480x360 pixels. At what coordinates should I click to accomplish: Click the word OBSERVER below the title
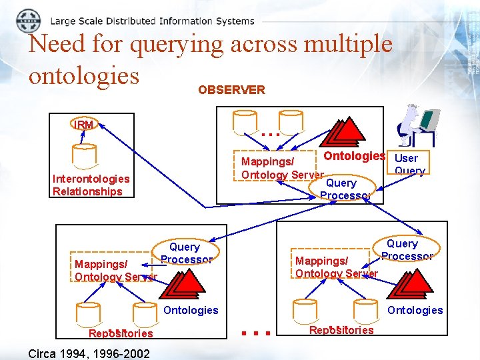click(x=231, y=90)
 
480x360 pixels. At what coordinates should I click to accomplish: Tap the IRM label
click(x=85, y=125)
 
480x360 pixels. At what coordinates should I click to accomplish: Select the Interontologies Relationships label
click(x=91, y=185)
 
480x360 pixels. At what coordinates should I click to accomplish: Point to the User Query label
click(x=407, y=165)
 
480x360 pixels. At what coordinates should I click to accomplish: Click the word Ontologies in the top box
click(x=354, y=156)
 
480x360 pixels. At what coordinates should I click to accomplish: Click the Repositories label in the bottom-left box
click(x=121, y=333)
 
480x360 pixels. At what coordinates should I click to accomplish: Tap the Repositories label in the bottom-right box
click(x=341, y=330)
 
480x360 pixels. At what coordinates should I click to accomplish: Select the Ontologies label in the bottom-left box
click(x=191, y=310)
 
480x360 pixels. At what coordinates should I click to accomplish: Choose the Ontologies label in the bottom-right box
click(x=415, y=310)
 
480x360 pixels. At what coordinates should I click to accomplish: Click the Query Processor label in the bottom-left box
click(x=186, y=253)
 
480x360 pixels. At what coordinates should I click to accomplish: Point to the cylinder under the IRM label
click(x=85, y=155)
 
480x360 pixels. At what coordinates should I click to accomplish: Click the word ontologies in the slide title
click(x=84, y=75)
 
